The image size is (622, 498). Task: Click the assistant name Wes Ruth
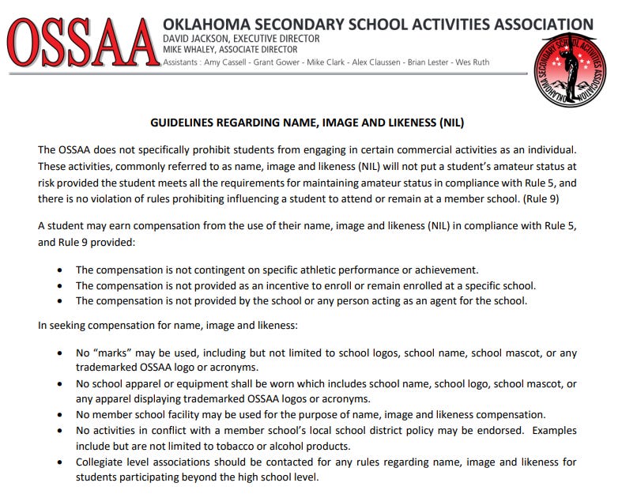[x=472, y=62]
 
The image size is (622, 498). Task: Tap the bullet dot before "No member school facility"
[x=60, y=415]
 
